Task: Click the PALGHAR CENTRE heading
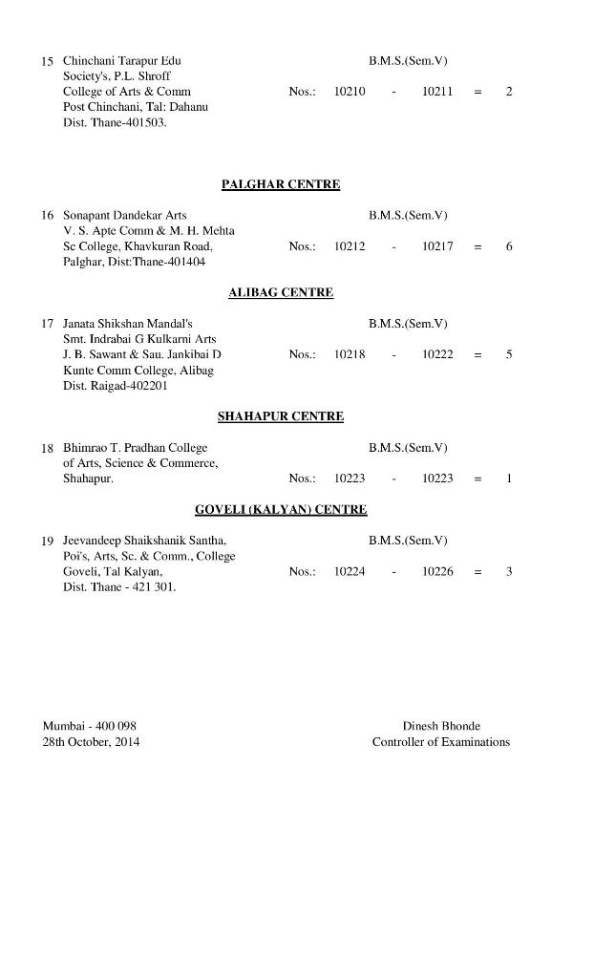[281, 184]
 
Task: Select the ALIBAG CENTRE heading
[281, 293]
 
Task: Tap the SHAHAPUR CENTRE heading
[281, 416]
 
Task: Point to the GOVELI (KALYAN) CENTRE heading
[281, 510]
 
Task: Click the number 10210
[350, 92]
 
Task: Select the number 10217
[437, 246]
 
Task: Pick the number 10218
[350, 354]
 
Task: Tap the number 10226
[437, 572]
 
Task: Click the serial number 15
[47, 61]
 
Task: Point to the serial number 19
[47, 542]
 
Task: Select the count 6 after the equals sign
[509, 246]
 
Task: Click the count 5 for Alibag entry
[509, 354]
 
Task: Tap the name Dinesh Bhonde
[441, 726]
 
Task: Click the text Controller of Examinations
[441, 742]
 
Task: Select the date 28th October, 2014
[91, 742]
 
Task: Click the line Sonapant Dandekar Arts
[125, 216]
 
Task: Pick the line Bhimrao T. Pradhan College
[135, 448]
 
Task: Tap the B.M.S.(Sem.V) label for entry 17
[408, 324]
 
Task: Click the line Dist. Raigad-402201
[115, 386]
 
